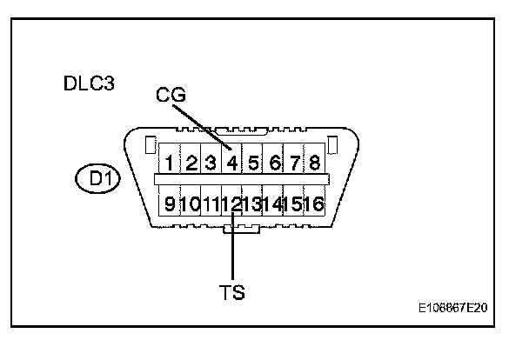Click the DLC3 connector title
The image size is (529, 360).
[x=90, y=84]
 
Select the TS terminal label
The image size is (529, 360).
[x=232, y=292]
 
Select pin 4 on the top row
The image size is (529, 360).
[x=231, y=162]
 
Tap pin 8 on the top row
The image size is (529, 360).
[x=313, y=162]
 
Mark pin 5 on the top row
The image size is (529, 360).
[x=253, y=162]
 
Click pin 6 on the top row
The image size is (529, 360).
[x=274, y=162]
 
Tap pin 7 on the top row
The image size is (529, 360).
[x=294, y=162]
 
